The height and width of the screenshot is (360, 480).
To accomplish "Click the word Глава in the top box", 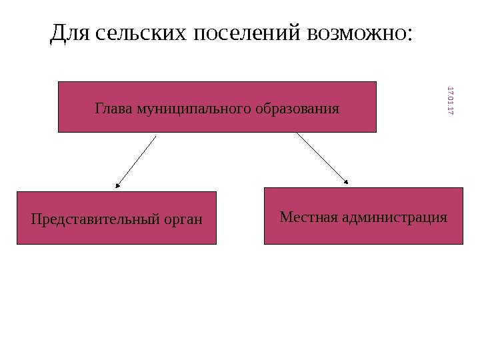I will click(x=114, y=107).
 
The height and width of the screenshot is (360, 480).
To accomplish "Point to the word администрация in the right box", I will click(x=394, y=217).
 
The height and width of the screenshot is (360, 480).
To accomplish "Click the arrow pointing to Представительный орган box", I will click(x=137, y=160).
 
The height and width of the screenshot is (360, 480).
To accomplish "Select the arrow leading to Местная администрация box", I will click(x=322, y=157).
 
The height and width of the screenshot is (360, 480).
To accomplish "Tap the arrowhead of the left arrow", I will click(x=117, y=185).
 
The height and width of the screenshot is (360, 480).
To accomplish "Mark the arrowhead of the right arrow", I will click(x=347, y=181).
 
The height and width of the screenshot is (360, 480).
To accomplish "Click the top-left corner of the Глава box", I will click(x=59, y=82).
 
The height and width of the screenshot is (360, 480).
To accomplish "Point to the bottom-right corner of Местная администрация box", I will click(x=462, y=244).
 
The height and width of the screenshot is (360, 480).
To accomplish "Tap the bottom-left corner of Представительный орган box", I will click(x=17, y=243).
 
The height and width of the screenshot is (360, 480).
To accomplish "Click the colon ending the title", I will click(x=409, y=35).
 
